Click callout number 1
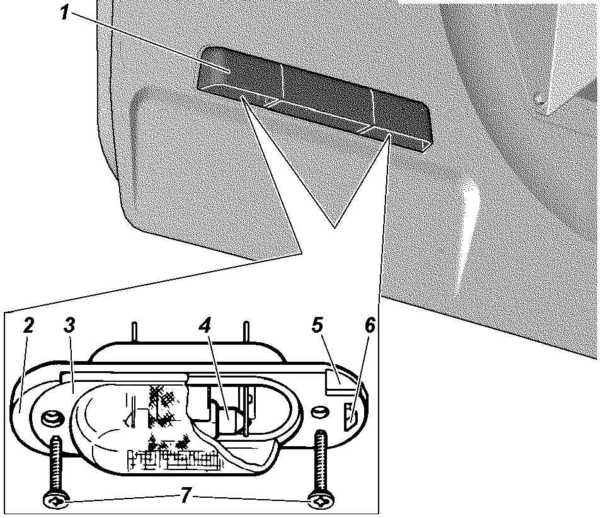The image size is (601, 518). [x=64, y=13]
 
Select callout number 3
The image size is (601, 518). [x=69, y=326]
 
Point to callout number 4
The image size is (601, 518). [x=205, y=326]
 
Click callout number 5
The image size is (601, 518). [x=318, y=326]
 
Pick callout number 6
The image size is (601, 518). [x=369, y=326]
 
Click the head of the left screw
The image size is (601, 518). [x=56, y=502]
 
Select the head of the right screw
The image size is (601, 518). [x=321, y=501]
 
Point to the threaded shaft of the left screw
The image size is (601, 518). [x=56, y=464]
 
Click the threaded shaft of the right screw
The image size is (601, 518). [x=321, y=463]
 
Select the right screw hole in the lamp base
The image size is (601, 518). [x=320, y=412]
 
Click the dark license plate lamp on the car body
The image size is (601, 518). [x=314, y=98]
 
